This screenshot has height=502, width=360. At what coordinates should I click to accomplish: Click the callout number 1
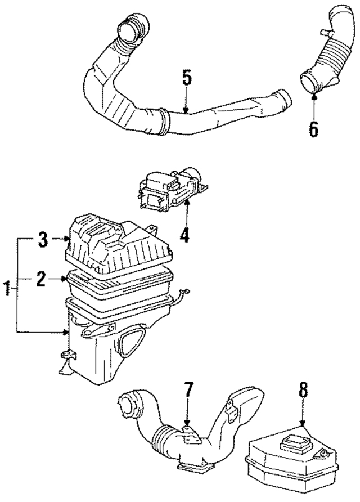[x=7, y=290]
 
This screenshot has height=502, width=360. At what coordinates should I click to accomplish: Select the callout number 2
[x=41, y=279]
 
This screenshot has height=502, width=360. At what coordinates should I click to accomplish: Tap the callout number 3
[x=43, y=241]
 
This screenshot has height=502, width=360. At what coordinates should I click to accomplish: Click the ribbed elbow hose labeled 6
[x=329, y=62]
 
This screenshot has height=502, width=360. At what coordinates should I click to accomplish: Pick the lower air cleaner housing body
[x=107, y=349]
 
